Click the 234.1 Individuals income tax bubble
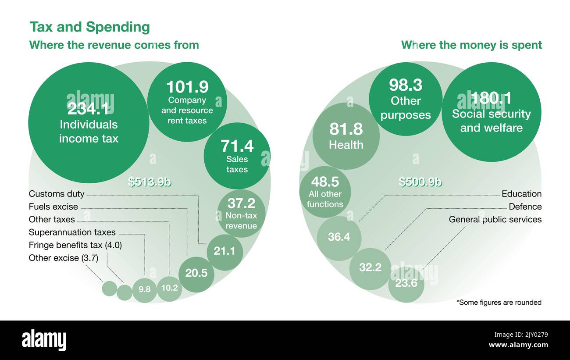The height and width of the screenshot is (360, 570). pos(89,123)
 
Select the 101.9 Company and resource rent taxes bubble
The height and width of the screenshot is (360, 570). pos(187,102)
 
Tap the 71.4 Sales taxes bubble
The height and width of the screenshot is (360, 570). pos(237,156)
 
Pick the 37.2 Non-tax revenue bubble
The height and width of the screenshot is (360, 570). pos(242,214)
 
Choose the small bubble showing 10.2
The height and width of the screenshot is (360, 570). pos(169,289)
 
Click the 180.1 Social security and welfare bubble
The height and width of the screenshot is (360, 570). pos(491,112)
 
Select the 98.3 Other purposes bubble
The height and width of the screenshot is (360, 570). pos(406,100)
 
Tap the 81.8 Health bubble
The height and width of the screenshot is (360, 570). pos(346,136)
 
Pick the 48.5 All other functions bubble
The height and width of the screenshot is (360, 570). pos(325,192)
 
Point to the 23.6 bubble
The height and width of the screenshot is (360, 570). pos(406,284)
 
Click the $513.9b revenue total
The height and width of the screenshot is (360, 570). pos(150,182)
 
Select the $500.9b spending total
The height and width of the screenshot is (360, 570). pos(420,182)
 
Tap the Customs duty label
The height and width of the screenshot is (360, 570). pos(57,194)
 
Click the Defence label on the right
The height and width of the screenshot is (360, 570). pos(525,207)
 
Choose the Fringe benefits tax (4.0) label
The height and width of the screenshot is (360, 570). pos(75,245)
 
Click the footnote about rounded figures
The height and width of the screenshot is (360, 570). pos(499,302)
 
